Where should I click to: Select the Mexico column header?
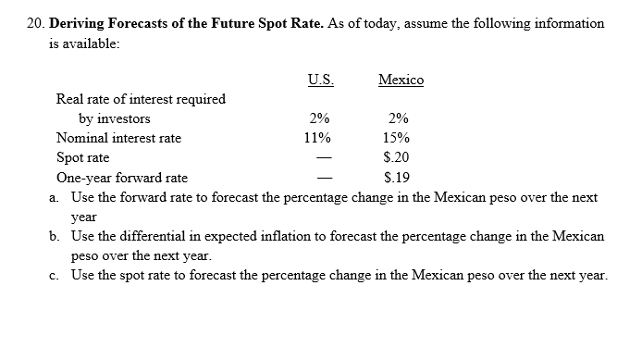(x=401, y=80)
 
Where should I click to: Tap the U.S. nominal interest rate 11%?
(x=317, y=138)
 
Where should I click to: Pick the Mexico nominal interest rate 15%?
(x=400, y=138)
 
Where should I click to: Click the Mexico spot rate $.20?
(x=400, y=157)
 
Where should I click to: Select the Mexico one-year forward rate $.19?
(x=400, y=178)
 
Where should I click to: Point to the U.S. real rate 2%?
(x=317, y=118)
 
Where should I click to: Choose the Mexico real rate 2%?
(x=400, y=118)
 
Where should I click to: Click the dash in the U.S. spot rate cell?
(x=317, y=158)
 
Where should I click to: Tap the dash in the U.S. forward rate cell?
(x=317, y=178)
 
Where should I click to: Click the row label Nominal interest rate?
(x=118, y=138)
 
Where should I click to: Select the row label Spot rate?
(x=82, y=157)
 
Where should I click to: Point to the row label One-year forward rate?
(x=122, y=178)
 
